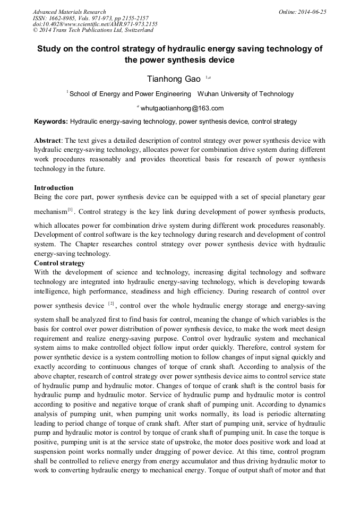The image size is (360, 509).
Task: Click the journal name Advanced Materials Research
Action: (x=69, y=12)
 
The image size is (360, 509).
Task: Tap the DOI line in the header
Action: (x=95, y=24)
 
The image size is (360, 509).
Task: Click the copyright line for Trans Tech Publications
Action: (x=93, y=30)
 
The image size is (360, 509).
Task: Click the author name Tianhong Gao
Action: (x=174, y=79)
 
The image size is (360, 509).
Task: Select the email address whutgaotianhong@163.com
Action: (x=182, y=108)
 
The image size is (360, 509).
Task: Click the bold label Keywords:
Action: (x=51, y=122)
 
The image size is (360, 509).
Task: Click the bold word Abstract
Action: (x=48, y=141)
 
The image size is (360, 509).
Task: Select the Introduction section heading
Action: (x=54, y=188)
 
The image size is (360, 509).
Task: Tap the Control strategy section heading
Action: (x=59, y=263)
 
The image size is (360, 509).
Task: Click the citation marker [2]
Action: (x=111, y=304)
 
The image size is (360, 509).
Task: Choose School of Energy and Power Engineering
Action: (x=130, y=94)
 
